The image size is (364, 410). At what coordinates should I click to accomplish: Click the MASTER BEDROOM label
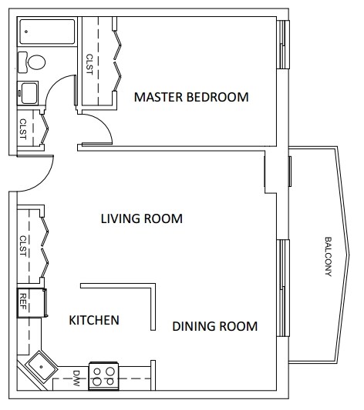pos(191,97)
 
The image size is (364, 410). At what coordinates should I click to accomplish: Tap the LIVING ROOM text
pos(142,218)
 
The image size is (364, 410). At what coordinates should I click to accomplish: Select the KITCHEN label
pos(94,320)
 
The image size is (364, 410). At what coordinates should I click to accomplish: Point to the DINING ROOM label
pos(215,326)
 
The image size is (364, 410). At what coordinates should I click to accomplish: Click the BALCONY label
pos(329,256)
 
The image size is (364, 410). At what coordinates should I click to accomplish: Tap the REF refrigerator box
pos(32,303)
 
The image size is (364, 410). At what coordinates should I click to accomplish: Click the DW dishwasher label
pos(76,378)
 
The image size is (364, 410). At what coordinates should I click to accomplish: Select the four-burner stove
pos(103,376)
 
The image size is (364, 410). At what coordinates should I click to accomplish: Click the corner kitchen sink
pos(41,367)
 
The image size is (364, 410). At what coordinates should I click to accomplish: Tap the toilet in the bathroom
pos(32,62)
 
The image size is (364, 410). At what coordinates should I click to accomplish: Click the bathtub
pos(47,32)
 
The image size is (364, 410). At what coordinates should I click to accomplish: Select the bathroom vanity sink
pos(28,93)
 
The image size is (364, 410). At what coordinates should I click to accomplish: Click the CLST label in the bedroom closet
pos(89,65)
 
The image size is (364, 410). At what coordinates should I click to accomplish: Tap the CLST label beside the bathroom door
pos(23,129)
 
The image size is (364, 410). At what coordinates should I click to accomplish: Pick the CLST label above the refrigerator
pos(23,246)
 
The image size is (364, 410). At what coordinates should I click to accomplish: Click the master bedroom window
pos(283,45)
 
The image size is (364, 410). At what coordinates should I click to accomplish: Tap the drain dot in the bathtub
pos(26,32)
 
